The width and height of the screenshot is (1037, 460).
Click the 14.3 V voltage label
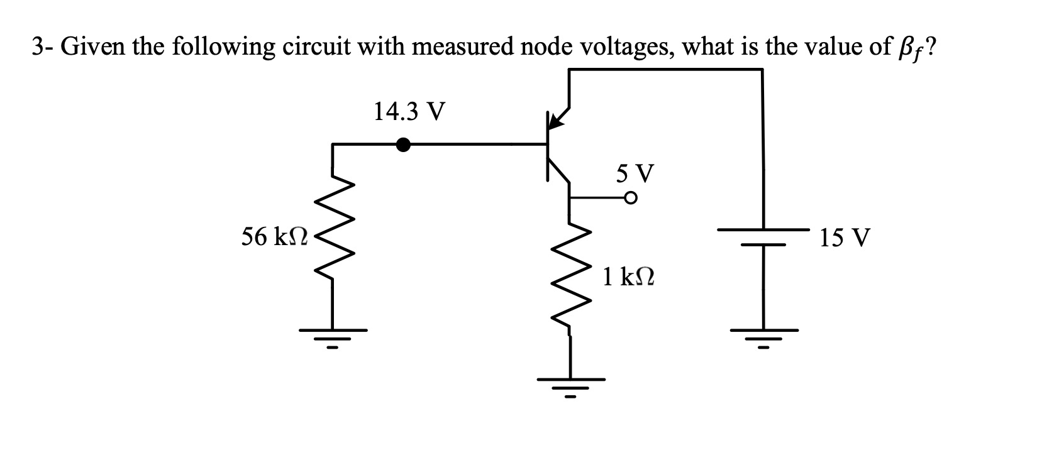pos(409,112)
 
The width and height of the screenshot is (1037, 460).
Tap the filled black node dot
pos(403,145)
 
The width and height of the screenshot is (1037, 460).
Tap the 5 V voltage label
pos(635,172)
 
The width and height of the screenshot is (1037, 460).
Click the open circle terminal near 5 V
pos(631,199)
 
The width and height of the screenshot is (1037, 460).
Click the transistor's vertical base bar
pos(548,146)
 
